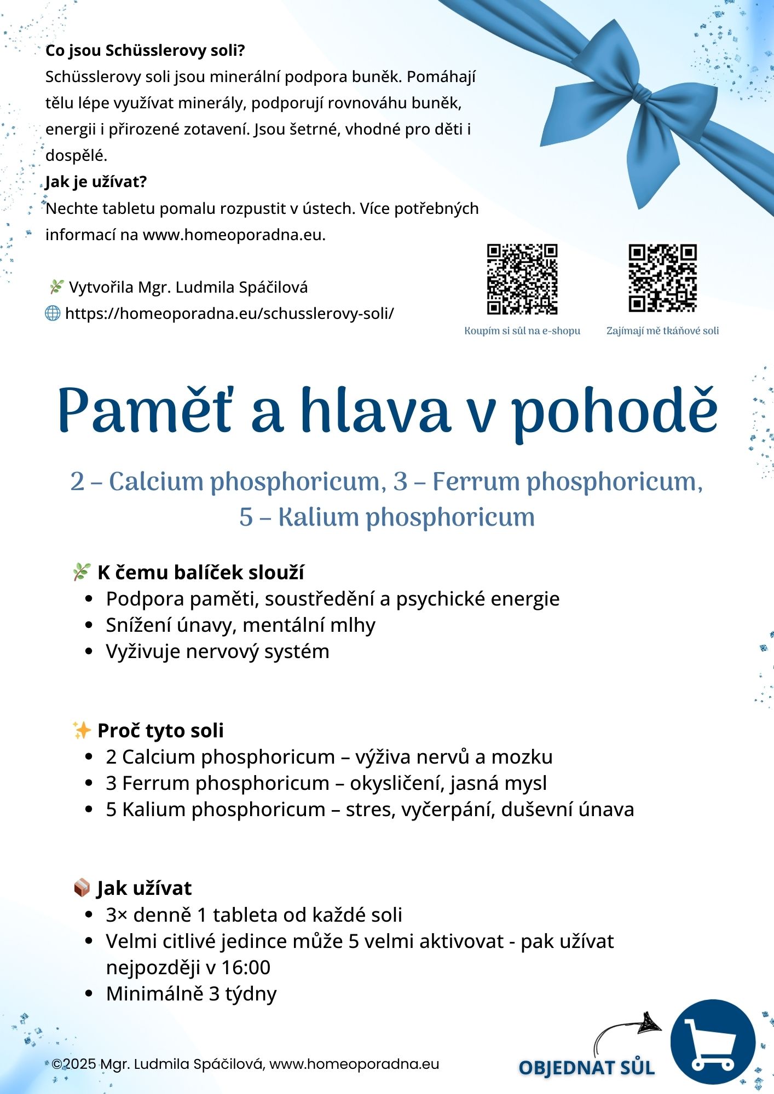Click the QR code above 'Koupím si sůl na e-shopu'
pyautogui.click(x=522, y=279)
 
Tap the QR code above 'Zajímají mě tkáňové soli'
pyautogui.click(x=662, y=278)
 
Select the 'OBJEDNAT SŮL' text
pyautogui.click(x=586, y=1068)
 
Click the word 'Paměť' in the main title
pyautogui.click(x=144, y=411)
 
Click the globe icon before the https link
pyautogui.click(x=53, y=313)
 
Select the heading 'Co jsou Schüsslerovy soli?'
pyautogui.click(x=145, y=51)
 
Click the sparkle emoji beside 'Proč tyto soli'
pyautogui.click(x=82, y=730)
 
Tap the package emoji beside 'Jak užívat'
pyautogui.click(x=82, y=888)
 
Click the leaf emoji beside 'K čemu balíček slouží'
pyautogui.click(x=82, y=572)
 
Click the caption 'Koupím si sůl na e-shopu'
pyautogui.click(x=522, y=331)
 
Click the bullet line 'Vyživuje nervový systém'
pyautogui.click(x=217, y=651)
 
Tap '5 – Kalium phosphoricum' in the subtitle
pyautogui.click(x=386, y=517)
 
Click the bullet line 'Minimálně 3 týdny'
pyautogui.click(x=191, y=993)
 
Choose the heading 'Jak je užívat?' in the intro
pyautogui.click(x=96, y=182)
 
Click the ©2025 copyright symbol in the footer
pyautogui.click(x=57, y=1064)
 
